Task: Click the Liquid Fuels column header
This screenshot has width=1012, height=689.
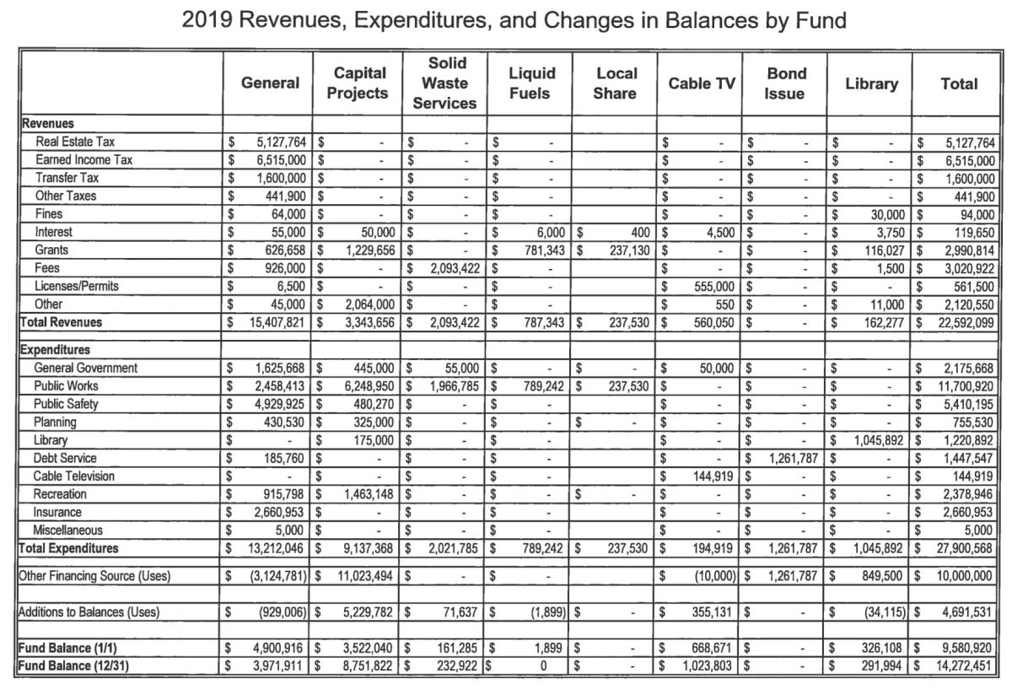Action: tap(531, 83)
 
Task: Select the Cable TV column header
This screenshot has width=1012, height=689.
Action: tap(699, 83)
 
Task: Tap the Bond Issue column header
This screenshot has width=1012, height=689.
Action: tap(785, 83)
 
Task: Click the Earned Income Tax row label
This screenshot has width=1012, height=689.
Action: tap(83, 159)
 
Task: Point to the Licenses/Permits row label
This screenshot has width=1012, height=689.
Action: tap(77, 286)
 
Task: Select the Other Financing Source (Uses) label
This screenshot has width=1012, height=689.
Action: tap(94, 576)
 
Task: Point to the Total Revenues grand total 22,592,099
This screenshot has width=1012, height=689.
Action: tap(962, 322)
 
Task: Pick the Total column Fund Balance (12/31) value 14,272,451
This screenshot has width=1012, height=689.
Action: tap(962, 665)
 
